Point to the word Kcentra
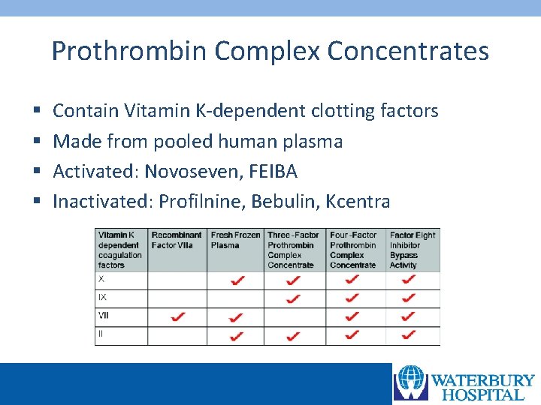pos(364,202)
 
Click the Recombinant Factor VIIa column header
pos(177,240)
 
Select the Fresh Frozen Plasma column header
pos(235,240)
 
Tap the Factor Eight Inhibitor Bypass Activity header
pos(413,250)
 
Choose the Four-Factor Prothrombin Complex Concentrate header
pos(355,250)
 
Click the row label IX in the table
pos(103,298)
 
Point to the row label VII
pos(104,316)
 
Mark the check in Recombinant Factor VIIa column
pos(178,317)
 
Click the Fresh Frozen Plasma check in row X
pos(237,280)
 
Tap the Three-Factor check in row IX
pos(293,298)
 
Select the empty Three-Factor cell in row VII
pos(295,317)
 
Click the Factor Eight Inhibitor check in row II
pos(410,334)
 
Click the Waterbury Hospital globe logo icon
pos(412,382)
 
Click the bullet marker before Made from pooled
pos(37,142)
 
